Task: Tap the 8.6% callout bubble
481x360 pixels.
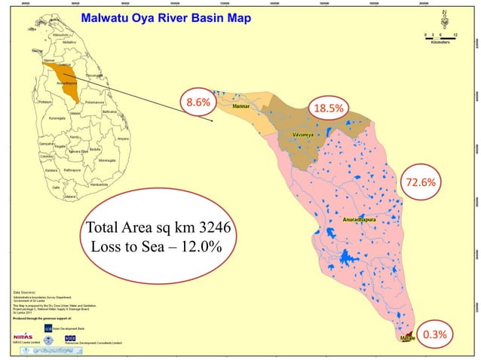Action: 198,102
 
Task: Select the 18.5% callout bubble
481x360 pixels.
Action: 329,108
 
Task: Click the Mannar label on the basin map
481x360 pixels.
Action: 241,108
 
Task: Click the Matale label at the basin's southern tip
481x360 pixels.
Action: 407,339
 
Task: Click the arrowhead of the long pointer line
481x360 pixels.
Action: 214,121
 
